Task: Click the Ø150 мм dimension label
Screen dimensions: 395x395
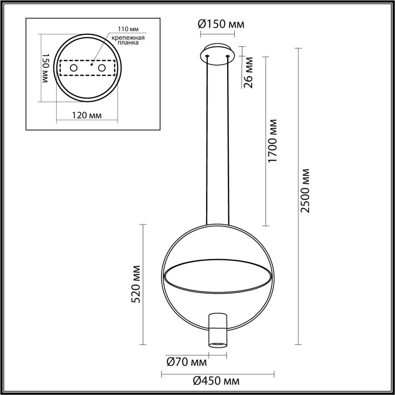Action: (x=221, y=24)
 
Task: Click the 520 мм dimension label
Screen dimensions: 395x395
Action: (x=136, y=284)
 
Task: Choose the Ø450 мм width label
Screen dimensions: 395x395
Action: (x=216, y=381)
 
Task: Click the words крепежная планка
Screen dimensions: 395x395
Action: (x=127, y=40)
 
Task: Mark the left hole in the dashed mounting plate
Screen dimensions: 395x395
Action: (x=73, y=68)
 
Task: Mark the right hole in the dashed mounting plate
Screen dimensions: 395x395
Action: (x=102, y=68)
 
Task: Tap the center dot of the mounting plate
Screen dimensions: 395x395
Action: (x=91, y=63)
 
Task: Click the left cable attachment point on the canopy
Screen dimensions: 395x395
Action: (x=207, y=56)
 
